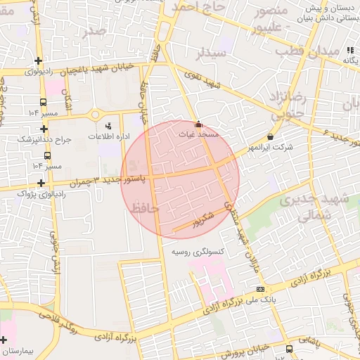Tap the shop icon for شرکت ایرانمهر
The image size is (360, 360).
coord(271,136)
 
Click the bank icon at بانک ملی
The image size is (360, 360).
coord(260,289)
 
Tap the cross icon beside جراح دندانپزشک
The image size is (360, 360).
coord(44,129)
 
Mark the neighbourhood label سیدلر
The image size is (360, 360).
coord(211,53)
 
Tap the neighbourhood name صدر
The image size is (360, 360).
coord(94,31)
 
